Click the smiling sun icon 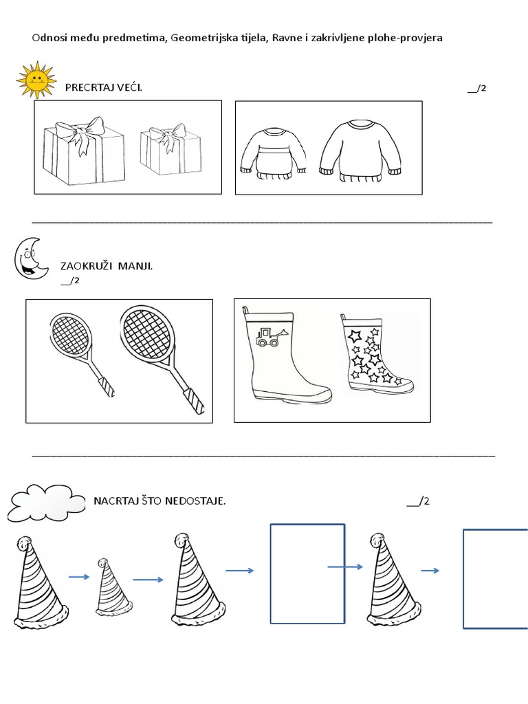point(35,80)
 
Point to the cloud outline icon point(45,504)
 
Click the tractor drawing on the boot point(267,337)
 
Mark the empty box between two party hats point(307,573)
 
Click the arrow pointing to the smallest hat point(79,577)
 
